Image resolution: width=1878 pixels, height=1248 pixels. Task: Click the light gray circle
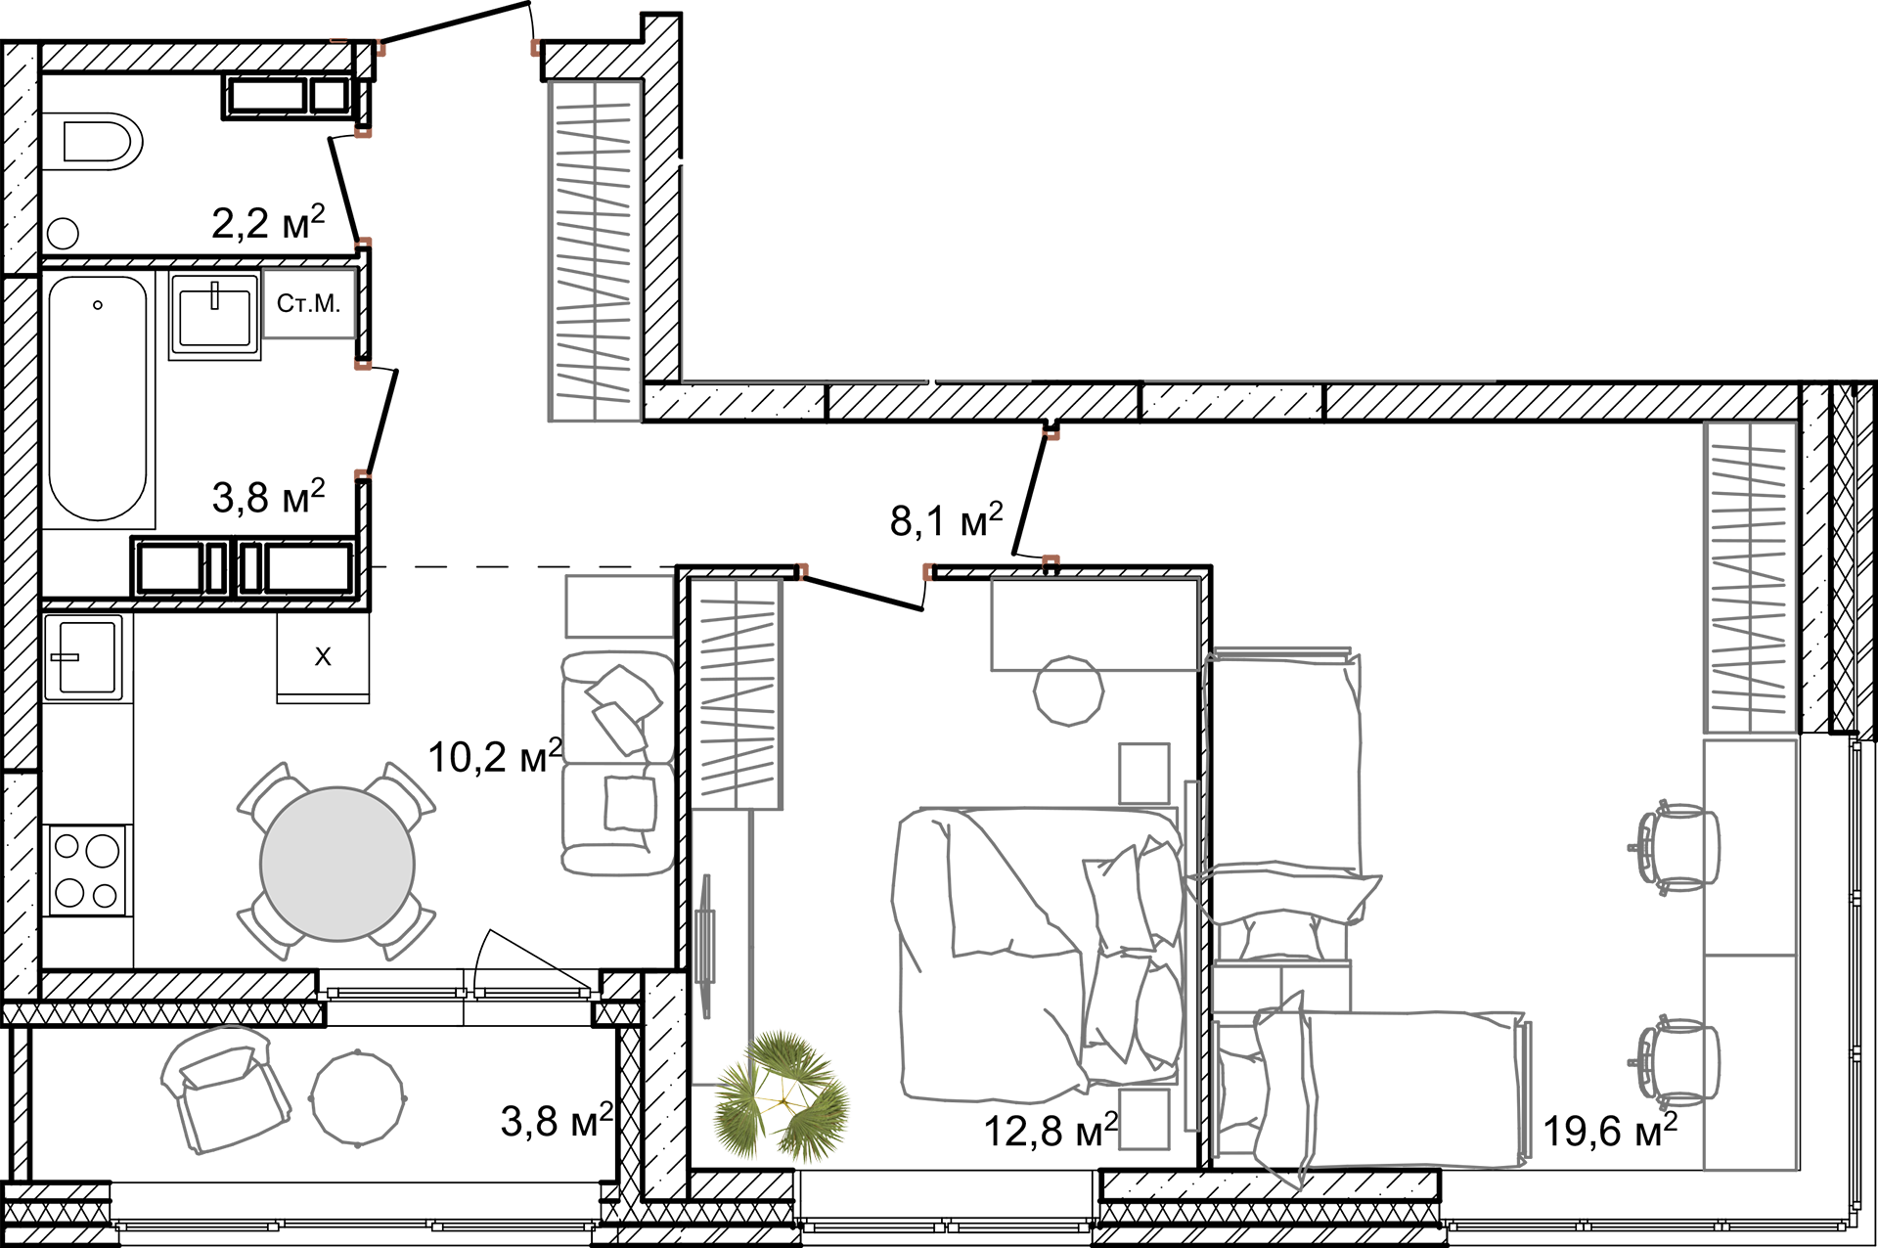pyautogui.click(x=336, y=864)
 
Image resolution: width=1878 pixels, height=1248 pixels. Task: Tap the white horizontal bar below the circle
pyautogui.click(x=459, y=995)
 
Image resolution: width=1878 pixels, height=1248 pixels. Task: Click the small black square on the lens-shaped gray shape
pyautogui.click(x=232, y=1033)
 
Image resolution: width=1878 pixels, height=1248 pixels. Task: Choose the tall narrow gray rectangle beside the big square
pyautogui.click(x=983, y=191)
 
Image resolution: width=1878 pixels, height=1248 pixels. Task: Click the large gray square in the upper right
pyautogui.click(x=1319, y=191)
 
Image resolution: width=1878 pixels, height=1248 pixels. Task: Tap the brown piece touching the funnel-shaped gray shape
pyautogui.click(x=347, y=379)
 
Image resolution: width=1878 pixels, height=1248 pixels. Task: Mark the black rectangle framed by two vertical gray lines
pyautogui.click(x=614, y=531)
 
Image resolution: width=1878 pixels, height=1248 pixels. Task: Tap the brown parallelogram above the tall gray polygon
pyautogui.click(x=516, y=52)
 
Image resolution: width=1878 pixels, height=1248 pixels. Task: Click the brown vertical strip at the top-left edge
pyautogui.click(x=338, y=20)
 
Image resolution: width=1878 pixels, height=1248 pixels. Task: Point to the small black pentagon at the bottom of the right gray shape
pyautogui.click(x=1282, y=1161)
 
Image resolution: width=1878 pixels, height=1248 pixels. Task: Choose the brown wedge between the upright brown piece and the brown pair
pyautogui.click(x=917, y=567)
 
